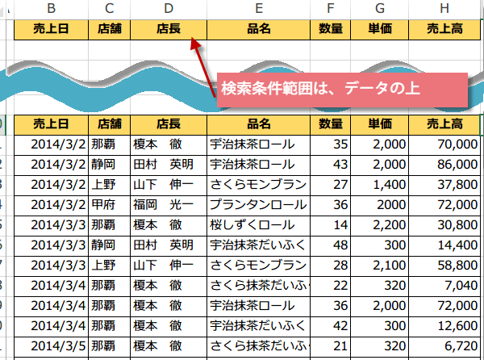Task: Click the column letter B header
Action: (52, 9)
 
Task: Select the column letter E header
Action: (258, 9)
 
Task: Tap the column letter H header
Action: (444, 9)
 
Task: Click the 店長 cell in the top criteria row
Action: (169, 30)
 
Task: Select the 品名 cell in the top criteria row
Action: (258, 30)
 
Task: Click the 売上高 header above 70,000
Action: (444, 125)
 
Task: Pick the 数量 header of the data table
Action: (330, 125)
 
